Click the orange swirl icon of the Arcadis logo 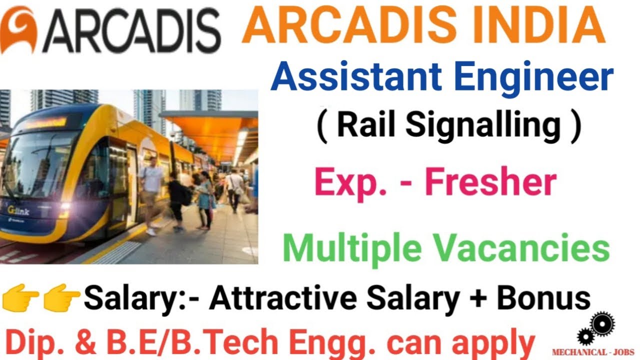click(x=18, y=31)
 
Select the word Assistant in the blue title click(x=355, y=78)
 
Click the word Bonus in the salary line click(x=543, y=298)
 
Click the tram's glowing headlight click(x=65, y=209)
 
